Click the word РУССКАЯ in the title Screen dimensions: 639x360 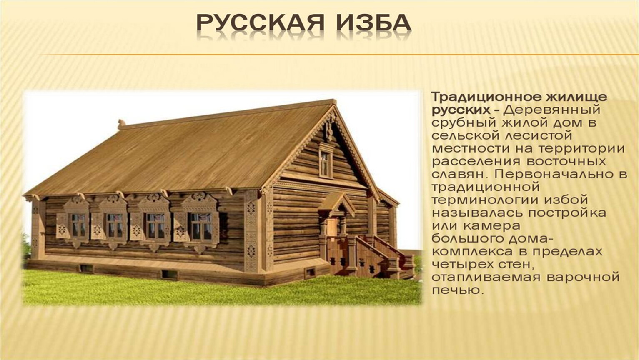click(x=260, y=22)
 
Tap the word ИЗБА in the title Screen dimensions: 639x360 click(x=374, y=22)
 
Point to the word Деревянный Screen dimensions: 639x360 click(x=552, y=110)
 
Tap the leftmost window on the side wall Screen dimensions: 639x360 click(x=78, y=225)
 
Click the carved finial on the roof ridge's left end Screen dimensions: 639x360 click(x=122, y=123)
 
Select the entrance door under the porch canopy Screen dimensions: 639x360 click(x=332, y=227)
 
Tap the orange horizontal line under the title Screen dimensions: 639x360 click(x=339, y=55)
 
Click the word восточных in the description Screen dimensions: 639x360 click(x=566, y=161)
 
